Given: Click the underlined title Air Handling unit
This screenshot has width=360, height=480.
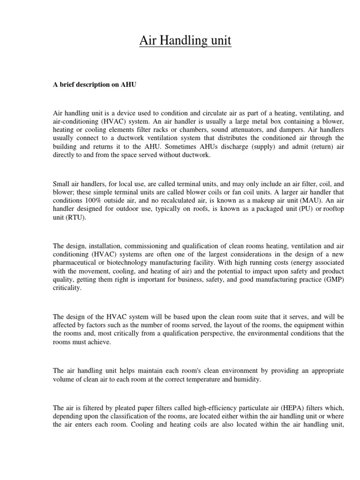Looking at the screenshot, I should (185, 41).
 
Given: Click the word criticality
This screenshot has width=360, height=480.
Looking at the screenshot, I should (67, 288).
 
